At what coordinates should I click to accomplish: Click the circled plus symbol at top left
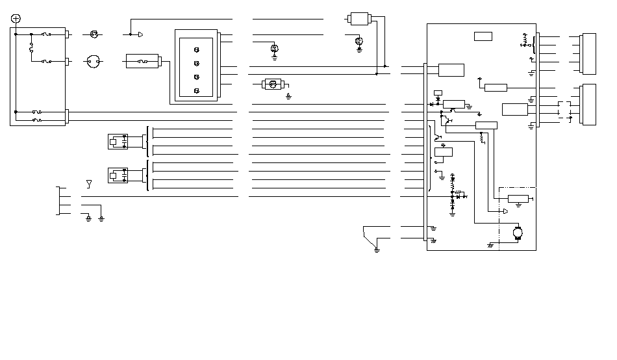point(16,18)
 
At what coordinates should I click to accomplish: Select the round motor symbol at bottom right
point(518,231)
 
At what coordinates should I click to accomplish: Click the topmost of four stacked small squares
point(196,49)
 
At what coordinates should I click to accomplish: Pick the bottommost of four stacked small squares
point(196,90)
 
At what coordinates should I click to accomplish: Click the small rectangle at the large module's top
point(483,36)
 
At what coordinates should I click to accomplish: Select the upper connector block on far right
point(590,53)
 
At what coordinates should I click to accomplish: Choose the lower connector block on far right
point(590,104)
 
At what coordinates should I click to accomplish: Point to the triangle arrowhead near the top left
point(140,34)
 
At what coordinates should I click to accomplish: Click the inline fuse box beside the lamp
point(144,62)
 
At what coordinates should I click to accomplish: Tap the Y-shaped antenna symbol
point(89,184)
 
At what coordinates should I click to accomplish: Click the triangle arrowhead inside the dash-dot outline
point(505,211)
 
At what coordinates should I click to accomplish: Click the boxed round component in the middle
point(272,84)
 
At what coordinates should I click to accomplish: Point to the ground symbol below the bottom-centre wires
point(377,249)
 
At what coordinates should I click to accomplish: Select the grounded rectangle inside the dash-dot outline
point(518,199)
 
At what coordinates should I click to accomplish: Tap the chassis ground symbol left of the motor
point(490,246)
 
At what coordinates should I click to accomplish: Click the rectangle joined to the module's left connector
point(451,70)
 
